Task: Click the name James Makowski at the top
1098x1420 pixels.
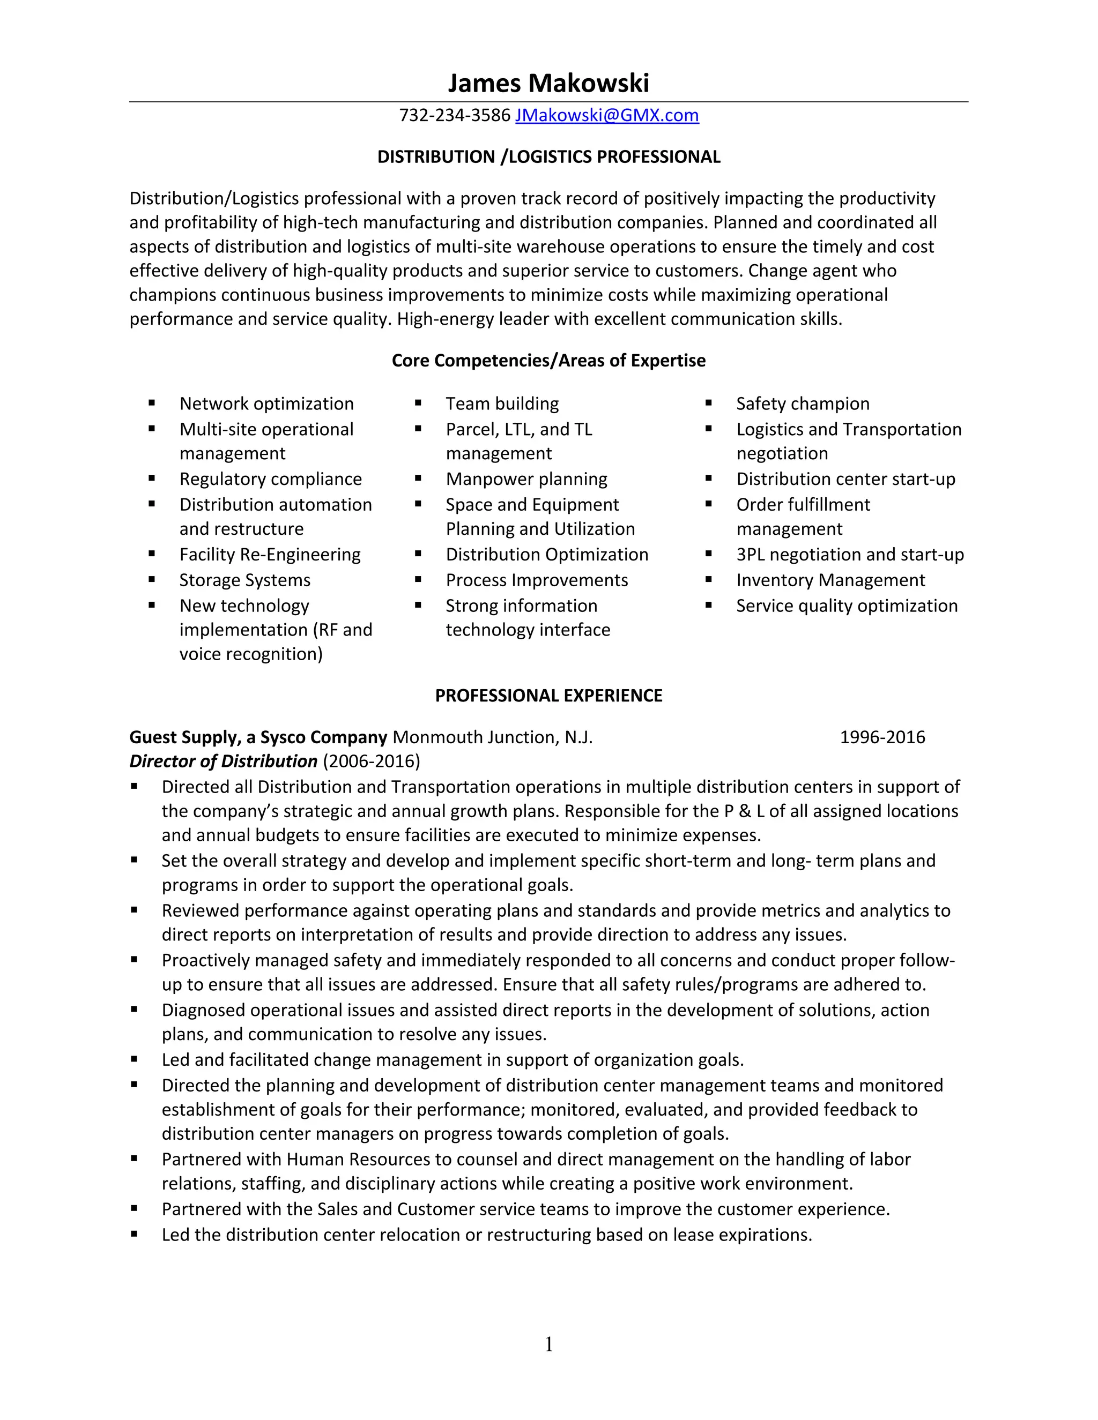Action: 548,83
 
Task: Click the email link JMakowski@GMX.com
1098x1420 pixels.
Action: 607,115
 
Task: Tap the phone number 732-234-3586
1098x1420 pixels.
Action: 455,115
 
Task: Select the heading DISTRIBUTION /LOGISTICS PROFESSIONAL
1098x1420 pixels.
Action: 548,156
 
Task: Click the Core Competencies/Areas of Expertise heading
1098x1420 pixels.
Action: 548,360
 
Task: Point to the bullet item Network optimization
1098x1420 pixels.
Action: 266,404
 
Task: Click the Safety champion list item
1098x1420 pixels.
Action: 802,404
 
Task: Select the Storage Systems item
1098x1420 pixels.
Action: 244,580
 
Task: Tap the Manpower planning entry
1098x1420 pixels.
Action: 526,479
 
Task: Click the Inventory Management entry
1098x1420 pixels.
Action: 830,580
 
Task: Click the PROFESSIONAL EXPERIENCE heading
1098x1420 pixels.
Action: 548,696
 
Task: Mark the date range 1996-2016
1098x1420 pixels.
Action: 882,737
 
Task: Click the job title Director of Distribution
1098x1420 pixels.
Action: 223,761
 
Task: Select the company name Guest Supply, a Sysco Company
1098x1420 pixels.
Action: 258,737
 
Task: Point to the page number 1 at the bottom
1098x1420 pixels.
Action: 548,1344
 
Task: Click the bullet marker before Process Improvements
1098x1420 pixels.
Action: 418,579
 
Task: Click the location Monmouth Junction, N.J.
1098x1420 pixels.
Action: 492,737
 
